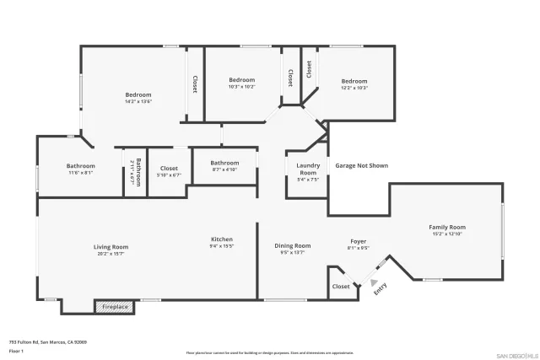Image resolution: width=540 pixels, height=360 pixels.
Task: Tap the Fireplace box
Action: coord(116,307)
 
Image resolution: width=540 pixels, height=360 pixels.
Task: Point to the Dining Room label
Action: coord(293,245)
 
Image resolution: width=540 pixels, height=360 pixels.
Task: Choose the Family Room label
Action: coord(447,227)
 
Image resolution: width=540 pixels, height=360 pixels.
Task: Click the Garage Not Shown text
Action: coord(361,166)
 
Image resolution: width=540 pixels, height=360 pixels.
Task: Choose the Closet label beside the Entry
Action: coord(341,287)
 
